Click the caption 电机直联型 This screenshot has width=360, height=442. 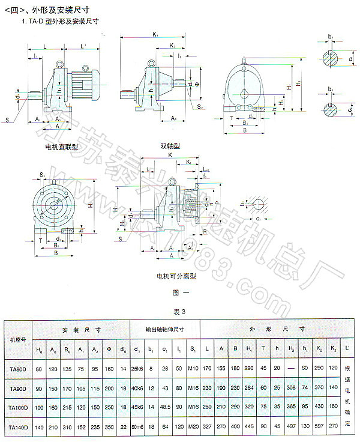click(62, 147)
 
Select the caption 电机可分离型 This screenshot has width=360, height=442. click(176, 277)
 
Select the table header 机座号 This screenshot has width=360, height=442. click(17, 340)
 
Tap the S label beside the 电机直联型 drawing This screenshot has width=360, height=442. click(8, 121)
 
